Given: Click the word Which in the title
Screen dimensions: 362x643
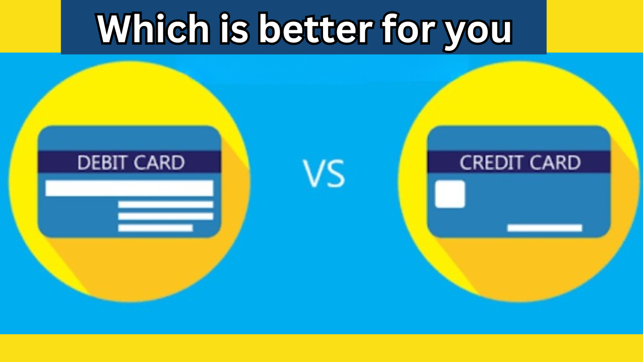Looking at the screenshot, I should [x=151, y=29].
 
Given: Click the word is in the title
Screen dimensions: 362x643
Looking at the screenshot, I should [x=234, y=29].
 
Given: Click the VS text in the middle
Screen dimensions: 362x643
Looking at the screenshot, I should [x=324, y=173].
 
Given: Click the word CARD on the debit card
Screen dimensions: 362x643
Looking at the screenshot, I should [x=159, y=162].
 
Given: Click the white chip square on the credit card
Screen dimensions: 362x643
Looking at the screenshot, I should [x=450, y=194].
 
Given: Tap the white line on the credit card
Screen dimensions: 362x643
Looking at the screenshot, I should [x=545, y=228].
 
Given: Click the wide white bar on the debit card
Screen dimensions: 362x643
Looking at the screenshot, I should [x=129, y=188].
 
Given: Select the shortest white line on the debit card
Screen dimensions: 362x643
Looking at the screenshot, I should [x=155, y=228].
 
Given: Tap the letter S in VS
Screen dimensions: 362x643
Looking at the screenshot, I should [x=335, y=174].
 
